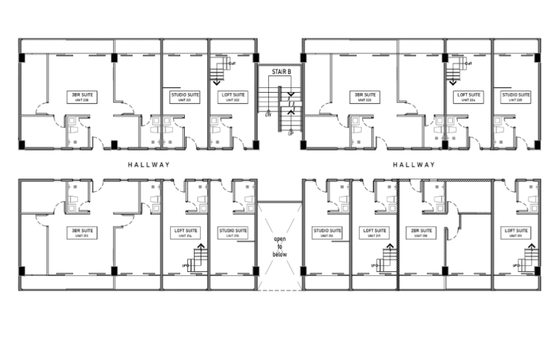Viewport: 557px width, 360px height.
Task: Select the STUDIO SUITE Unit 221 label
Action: coord(185,97)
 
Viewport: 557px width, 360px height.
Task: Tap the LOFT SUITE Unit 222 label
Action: coord(233,97)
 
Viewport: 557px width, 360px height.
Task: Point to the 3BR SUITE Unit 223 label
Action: coord(365,97)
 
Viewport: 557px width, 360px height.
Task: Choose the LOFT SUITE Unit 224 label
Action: coord(469,97)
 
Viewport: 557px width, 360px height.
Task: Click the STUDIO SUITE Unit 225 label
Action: coord(516,97)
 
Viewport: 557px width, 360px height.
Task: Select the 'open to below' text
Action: coord(280,246)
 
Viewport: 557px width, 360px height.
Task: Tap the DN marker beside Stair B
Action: coord(268,114)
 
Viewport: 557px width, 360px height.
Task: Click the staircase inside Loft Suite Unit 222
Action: coord(220,69)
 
